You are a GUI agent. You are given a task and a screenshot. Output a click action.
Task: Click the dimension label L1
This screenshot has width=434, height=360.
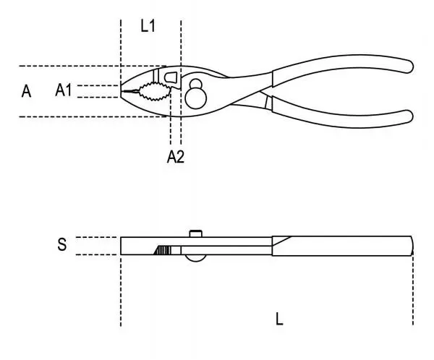point(148,26)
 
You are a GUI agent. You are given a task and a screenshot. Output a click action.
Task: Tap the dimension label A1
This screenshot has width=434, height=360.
point(64,90)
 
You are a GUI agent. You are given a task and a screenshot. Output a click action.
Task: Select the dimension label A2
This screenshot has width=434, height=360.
point(176,156)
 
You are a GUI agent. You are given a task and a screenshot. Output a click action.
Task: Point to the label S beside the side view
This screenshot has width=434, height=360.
point(62,245)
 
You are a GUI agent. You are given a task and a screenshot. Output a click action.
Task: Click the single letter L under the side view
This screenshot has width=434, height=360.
point(280,318)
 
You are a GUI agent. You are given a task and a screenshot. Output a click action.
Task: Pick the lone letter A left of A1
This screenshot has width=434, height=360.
point(27,91)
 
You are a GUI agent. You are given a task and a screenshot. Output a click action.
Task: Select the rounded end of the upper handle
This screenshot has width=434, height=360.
point(408,64)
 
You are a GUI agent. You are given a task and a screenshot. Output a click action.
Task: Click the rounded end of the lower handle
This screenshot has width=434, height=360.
point(408,115)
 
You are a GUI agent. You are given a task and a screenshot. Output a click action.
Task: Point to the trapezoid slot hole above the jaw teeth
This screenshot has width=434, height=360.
point(171,76)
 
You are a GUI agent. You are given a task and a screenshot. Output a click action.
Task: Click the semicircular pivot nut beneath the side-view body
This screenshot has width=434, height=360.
point(194,258)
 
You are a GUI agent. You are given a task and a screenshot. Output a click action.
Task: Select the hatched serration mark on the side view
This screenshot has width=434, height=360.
point(162,250)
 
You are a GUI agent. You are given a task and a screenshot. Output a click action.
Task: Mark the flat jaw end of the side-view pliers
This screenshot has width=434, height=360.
point(123,245)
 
